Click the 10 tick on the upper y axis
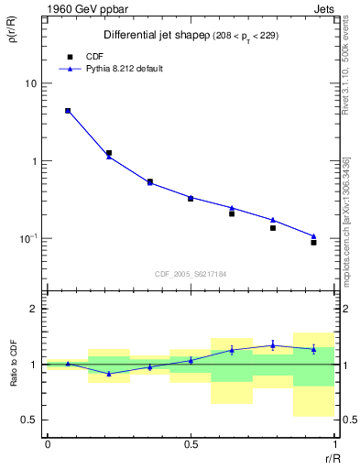coord(32,83)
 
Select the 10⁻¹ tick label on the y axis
coord(29,239)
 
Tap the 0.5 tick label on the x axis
coord(191,444)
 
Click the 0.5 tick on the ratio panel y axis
coord(30,420)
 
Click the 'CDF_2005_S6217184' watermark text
coord(191,274)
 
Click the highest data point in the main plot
coord(68,111)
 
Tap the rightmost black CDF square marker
coord(313,243)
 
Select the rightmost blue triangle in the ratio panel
coord(313,349)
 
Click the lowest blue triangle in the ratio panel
coord(109,374)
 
